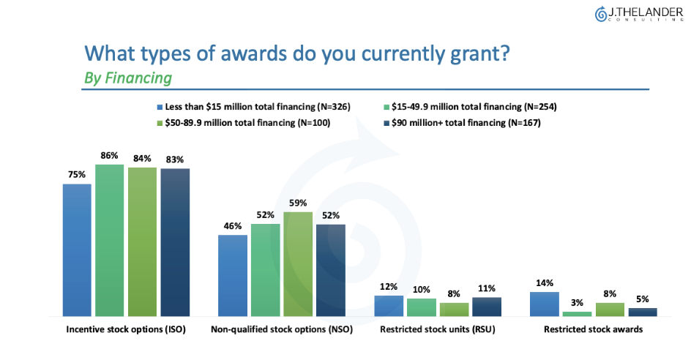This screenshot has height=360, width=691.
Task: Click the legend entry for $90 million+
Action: point(460,123)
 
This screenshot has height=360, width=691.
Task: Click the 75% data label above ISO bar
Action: point(77,175)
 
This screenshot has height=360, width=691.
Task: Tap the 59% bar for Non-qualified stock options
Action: point(298,263)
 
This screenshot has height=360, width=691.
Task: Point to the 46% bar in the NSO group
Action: point(233,275)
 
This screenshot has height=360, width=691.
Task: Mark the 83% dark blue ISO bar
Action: point(175,241)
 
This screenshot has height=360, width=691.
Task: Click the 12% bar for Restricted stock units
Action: point(389,305)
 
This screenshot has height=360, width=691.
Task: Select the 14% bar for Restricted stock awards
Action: point(543,304)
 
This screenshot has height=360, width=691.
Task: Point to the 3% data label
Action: point(577,302)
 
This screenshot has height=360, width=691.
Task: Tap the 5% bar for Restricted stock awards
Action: point(642,312)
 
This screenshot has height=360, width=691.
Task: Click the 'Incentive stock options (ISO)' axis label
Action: point(126,330)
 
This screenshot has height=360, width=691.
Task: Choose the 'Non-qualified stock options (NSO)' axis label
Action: point(282,330)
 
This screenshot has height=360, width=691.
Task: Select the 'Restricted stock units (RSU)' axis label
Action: point(438,330)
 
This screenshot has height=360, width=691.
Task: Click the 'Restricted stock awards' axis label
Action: point(593,330)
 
